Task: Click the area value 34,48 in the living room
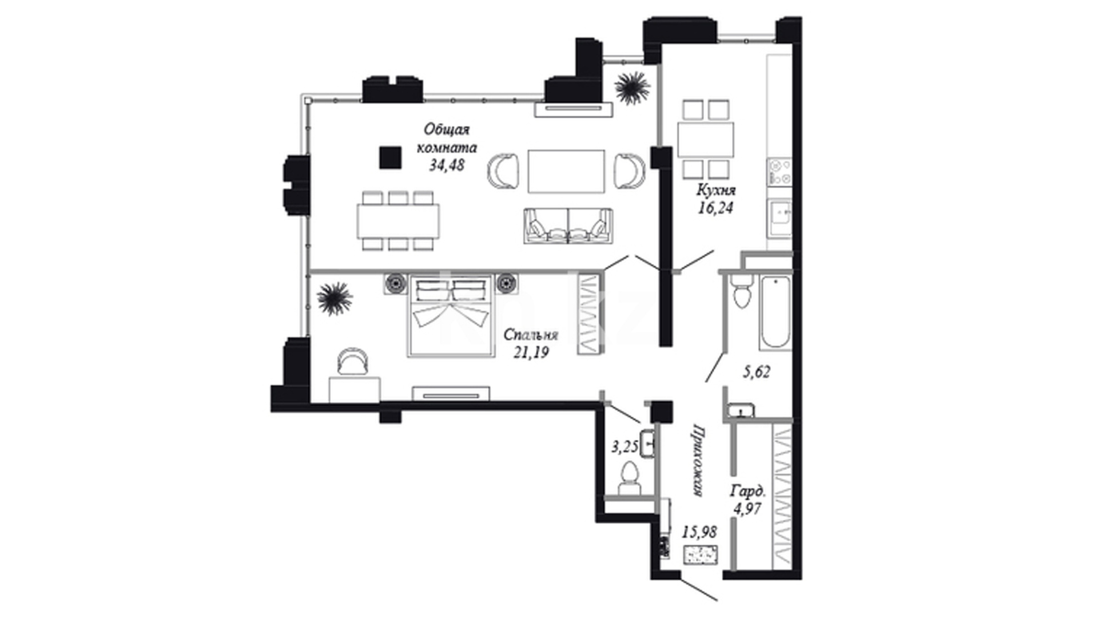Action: (x=447, y=165)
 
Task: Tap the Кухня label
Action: (x=715, y=190)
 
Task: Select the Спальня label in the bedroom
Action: (x=531, y=335)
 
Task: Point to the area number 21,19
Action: (x=531, y=352)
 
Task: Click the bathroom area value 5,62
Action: (x=756, y=373)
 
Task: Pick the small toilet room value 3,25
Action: (x=624, y=447)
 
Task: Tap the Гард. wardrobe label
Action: (x=747, y=491)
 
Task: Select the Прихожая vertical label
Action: (x=697, y=460)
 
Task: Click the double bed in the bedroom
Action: (x=451, y=316)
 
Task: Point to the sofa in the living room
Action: (x=567, y=225)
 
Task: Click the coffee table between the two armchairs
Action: (x=566, y=171)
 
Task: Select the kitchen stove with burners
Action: (x=779, y=172)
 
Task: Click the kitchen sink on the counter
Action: (x=779, y=217)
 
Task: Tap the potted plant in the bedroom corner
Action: (x=334, y=298)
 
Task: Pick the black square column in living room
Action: (x=391, y=157)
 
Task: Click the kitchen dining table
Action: (x=705, y=140)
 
